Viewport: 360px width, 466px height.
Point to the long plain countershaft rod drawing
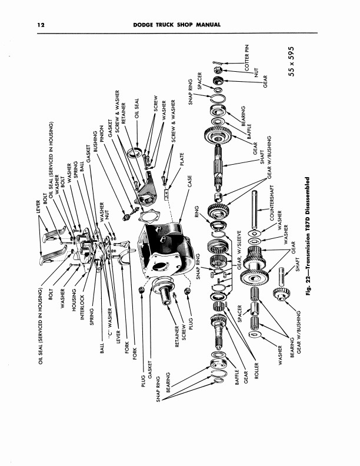click(x=256, y=212)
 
